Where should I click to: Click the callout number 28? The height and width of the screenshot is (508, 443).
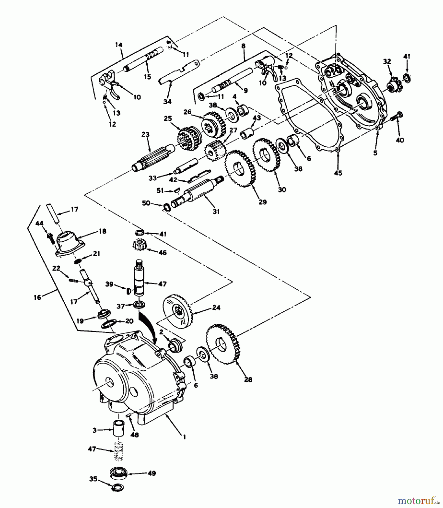click(x=248, y=380)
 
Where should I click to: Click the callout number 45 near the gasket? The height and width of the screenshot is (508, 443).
click(x=338, y=173)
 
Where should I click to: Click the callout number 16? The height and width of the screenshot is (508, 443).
click(x=37, y=297)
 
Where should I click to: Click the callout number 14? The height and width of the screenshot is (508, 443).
click(x=119, y=45)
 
